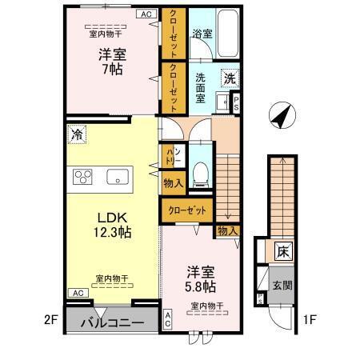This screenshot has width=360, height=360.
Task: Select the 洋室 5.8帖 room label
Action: tap(201, 278)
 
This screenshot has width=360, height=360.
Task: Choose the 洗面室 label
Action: tap(201, 86)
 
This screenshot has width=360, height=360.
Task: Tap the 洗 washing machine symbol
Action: tap(230, 79)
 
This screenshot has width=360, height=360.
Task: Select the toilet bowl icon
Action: tap(200, 170)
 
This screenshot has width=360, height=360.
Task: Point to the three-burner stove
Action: tap(82, 176)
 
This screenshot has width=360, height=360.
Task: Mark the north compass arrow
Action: tap(279, 117)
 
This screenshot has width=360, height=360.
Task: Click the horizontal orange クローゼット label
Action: tap(187, 210)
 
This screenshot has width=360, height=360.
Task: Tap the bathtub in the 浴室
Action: tap(226, 30)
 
